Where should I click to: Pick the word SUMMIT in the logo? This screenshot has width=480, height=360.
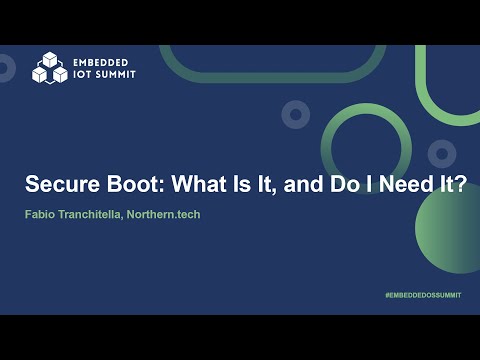click(114, 74)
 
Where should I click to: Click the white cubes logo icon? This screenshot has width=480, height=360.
click(48, 67)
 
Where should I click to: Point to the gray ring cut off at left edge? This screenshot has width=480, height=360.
click(5, 68)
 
